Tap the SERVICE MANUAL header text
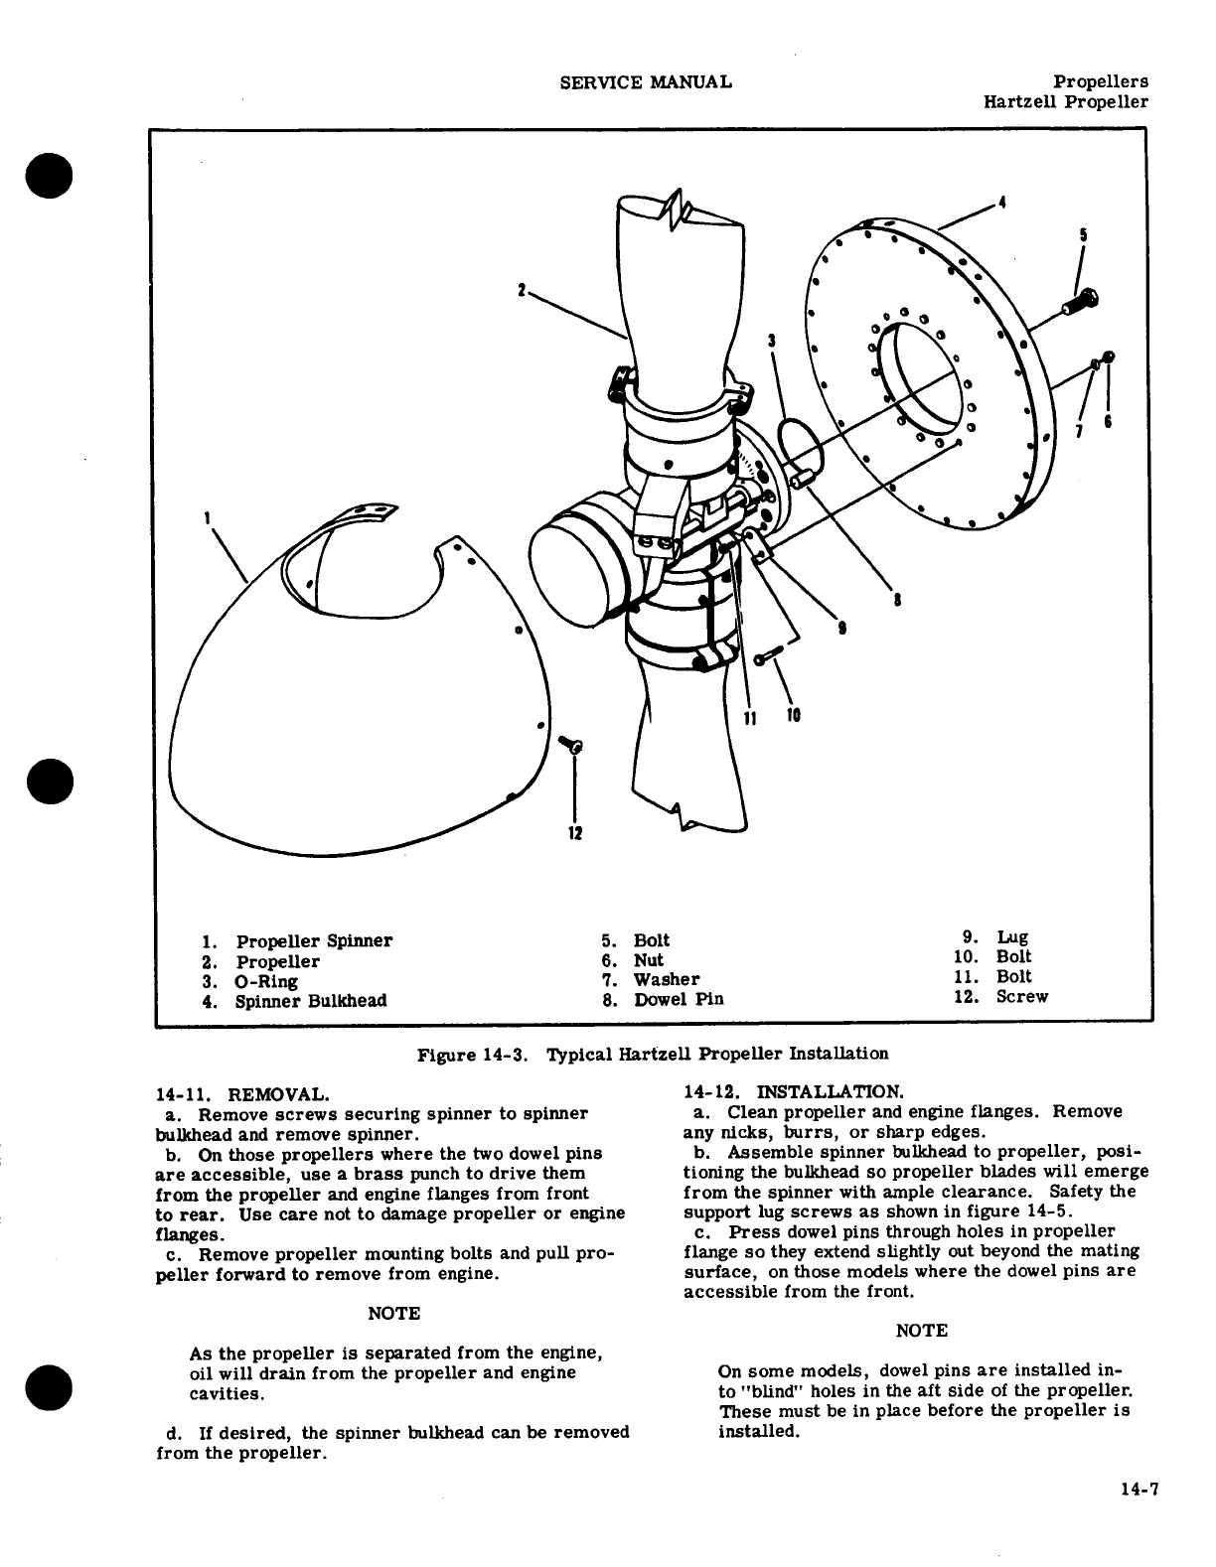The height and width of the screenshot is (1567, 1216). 646,81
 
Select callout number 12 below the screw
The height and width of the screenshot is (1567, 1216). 574,832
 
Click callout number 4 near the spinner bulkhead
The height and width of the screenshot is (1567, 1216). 1003,203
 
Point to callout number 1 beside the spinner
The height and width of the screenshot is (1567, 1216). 207,517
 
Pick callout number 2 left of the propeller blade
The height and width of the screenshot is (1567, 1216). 521,291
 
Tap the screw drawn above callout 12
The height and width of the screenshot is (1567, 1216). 571,745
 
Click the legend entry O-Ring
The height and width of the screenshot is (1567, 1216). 266,981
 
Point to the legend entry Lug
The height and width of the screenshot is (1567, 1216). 1012,937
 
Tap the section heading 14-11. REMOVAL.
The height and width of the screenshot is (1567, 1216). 242,1095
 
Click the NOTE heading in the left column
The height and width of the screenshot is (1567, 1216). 394,1314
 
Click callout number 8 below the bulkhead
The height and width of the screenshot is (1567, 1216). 897,599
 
